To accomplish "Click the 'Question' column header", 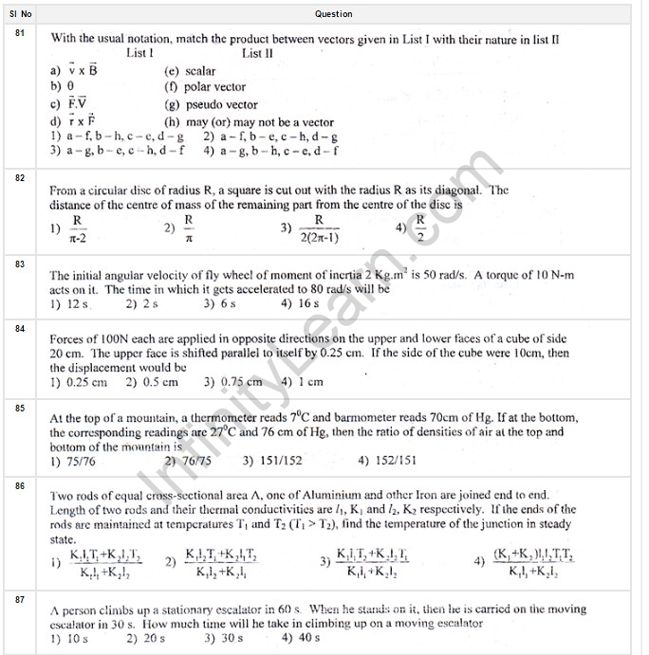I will click(333, 14).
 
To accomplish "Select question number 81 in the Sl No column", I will click(20, 34).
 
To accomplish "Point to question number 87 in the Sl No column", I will click(20, 599).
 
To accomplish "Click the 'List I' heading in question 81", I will click(139, 54).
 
